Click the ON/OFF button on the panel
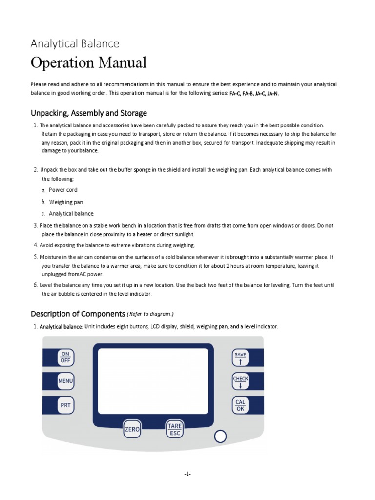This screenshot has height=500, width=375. pos(65,357)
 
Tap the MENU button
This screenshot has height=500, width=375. pos(65,380)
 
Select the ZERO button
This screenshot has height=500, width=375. pos(132,429)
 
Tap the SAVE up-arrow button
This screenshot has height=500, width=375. pos(240,358)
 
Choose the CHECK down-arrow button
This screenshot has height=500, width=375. pos(240,381)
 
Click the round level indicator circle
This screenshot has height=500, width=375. pos(220,436)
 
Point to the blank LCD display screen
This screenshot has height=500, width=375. pos(153,379)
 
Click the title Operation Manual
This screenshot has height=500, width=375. pos(88,63)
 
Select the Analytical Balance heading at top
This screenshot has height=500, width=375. pos(75,43)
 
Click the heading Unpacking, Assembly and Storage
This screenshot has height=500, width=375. pos(89,113)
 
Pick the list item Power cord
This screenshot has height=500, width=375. pos(63,190)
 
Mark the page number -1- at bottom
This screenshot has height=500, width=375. pos(187,474)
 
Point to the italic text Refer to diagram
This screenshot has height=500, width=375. pos(150,314)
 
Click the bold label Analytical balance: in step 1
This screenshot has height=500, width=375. pos(62,326)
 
